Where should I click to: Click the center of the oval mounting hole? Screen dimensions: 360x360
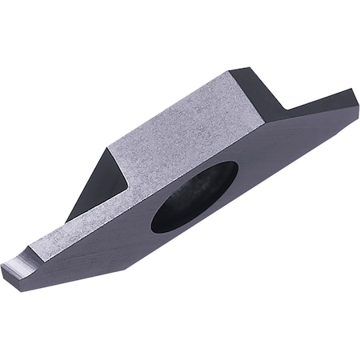coord(194,197)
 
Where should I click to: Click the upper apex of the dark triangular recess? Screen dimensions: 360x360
coord(107,147)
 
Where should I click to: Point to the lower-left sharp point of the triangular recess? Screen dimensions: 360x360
coord(67,222)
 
